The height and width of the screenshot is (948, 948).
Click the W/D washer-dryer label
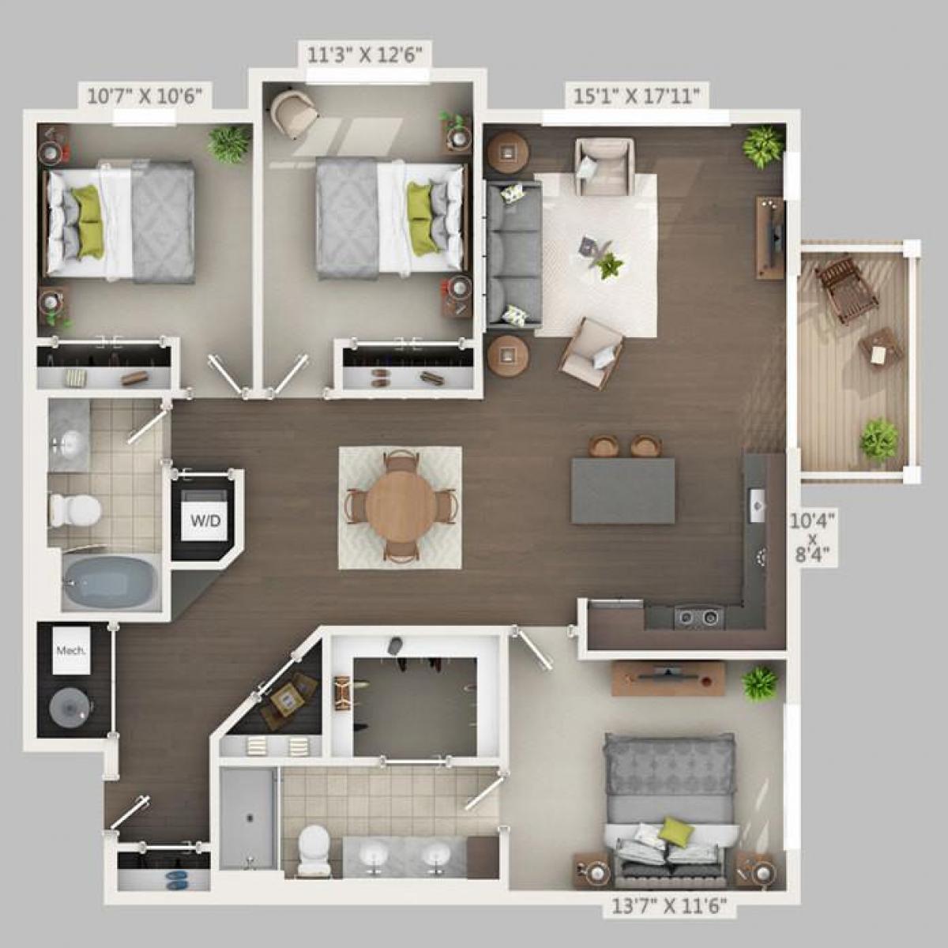point(205,521)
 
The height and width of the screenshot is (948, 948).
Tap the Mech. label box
point(71,651)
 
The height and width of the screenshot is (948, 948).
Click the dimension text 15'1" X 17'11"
point(637,96)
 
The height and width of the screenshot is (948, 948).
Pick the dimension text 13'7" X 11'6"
point(669,906)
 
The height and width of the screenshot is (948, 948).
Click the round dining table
point(401,507)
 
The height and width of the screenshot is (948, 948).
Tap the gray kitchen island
point(623,490)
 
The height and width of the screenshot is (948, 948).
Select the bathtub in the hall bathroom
point(111,582)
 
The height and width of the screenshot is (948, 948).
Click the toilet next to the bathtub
point(75,510)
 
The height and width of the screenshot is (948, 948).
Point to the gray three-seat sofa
point(514,254)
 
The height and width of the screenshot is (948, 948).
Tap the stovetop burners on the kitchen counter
point(698,616)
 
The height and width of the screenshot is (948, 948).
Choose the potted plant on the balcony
point(878,438)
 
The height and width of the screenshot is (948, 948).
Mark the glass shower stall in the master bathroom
point(247,818)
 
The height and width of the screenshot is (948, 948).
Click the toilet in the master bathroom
point(315,850)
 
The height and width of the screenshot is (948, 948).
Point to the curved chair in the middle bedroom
point(293,110)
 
